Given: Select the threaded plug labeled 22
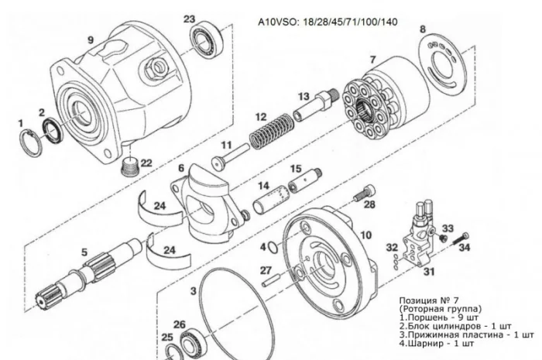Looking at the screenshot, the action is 131,166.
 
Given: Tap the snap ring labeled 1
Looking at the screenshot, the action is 30,142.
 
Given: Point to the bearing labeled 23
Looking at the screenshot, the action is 206,39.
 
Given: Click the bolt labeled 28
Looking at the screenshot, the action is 365,193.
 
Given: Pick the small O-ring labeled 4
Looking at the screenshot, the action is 273,248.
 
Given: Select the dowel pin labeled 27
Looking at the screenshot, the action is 272,279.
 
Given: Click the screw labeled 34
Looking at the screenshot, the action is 461,239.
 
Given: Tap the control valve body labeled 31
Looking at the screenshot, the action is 419,236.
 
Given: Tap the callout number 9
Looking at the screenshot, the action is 91,40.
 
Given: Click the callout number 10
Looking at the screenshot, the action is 366,235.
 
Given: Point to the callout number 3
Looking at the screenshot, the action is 194,291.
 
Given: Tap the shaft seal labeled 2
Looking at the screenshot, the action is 53,130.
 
